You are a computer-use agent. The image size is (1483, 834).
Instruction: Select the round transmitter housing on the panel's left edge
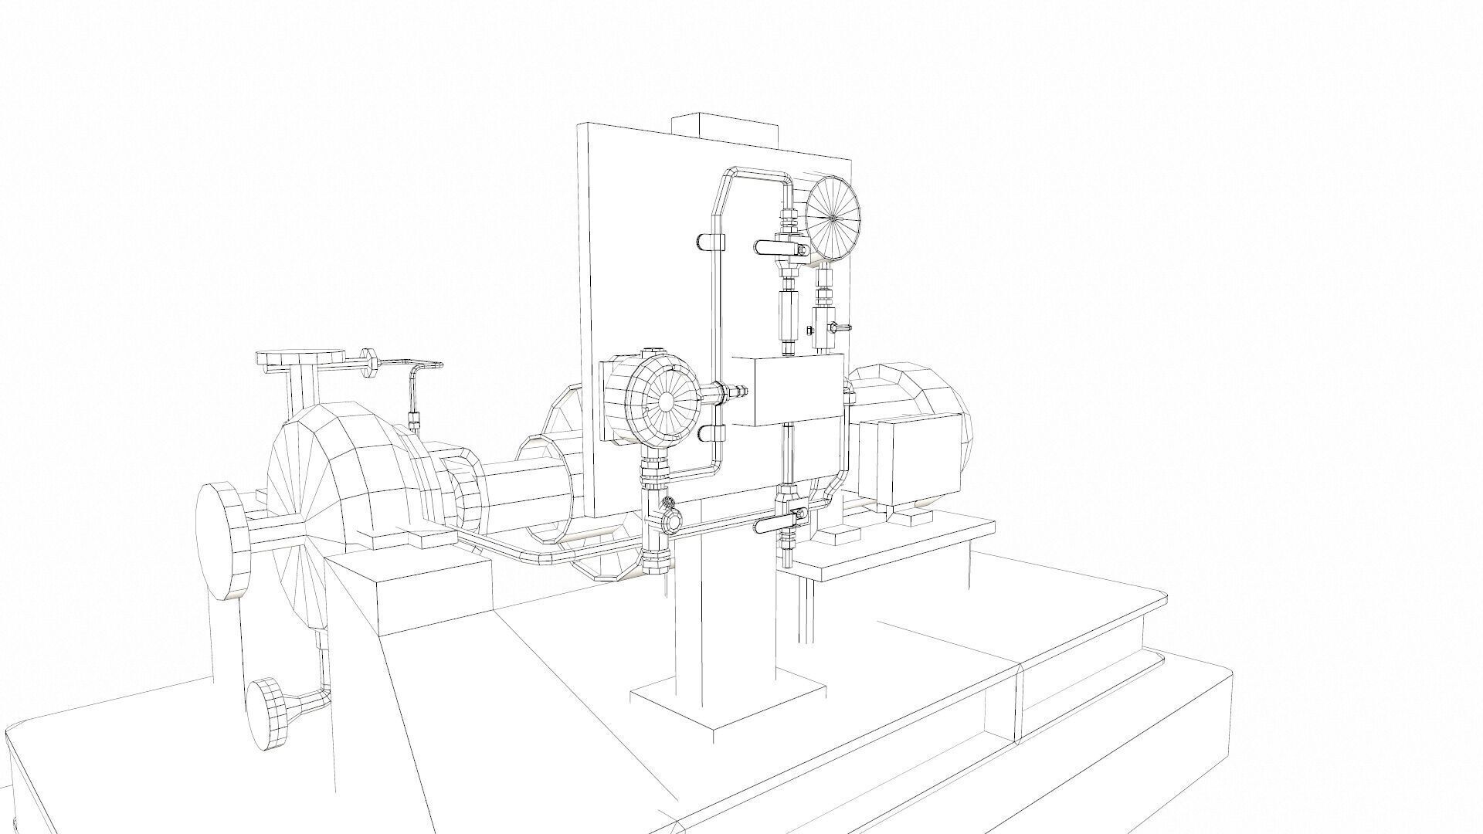663,400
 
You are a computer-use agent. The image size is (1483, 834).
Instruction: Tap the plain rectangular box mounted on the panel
786,390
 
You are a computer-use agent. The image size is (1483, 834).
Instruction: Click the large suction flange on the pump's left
222,541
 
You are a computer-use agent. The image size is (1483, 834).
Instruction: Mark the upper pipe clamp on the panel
709,242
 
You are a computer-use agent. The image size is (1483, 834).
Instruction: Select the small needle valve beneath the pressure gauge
825,327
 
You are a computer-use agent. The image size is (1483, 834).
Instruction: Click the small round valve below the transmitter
669,522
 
